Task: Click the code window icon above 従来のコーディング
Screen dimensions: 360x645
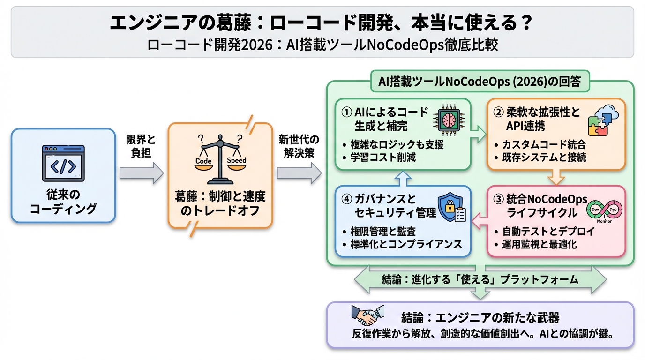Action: (x=63, y=163)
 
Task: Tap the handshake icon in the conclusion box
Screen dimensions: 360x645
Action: (x=367, y=316)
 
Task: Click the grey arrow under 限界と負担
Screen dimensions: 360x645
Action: (x=141, y=173)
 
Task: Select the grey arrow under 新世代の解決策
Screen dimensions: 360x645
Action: (x=299, y=173)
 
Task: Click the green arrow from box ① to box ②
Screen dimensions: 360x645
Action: (x=479, y=134)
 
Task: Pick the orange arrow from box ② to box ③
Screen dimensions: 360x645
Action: (x=556, y=177)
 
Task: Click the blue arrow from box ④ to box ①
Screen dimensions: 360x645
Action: (x=403, y=177)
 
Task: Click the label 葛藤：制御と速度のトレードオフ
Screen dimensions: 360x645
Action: (x=220, y=203)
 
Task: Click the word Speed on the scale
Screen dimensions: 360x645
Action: (x=236, y=160)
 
